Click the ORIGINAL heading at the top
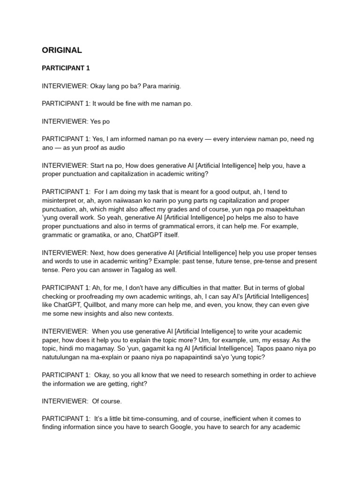pyautogui.click(x=62, y=50)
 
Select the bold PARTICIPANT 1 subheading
pyautogui.click(x=66, y=68)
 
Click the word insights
pyautogui.click(x=106, y=314)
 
